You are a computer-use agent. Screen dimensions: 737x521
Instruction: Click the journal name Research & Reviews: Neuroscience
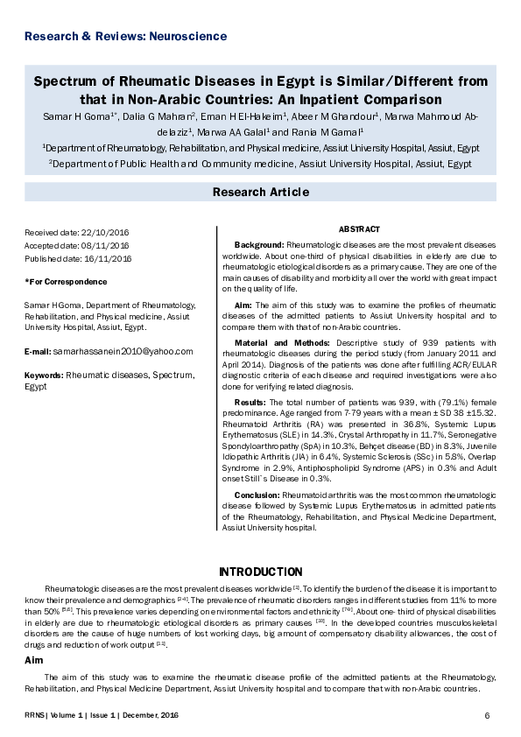pyautogui.click(x=125, y=37)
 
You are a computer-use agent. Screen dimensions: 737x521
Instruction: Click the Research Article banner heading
pyautogui.click(x=260, y=192)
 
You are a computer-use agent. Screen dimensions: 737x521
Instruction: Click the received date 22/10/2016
pyautogui.click(x=103, y=233)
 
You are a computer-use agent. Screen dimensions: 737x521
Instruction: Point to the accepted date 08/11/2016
pyautogui.click(x=106, y=246)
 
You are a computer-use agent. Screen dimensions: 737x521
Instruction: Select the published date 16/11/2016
pyautogui.click(x=107, y=259)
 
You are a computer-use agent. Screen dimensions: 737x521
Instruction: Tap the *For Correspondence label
pyautogui.click(x=66, y=282)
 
